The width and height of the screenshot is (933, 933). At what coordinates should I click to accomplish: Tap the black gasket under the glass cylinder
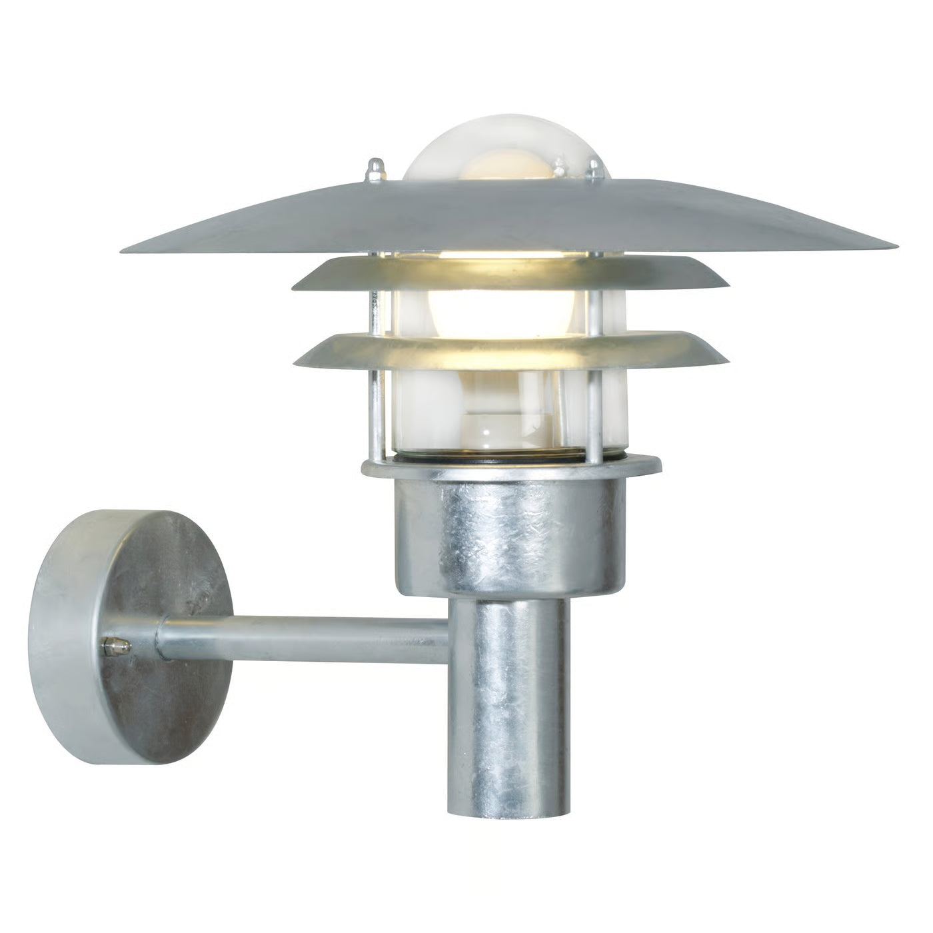click(506, 459)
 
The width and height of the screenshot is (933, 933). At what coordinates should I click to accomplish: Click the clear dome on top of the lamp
click(506, 150)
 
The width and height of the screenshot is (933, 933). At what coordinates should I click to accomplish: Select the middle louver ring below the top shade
click(510, 275)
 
